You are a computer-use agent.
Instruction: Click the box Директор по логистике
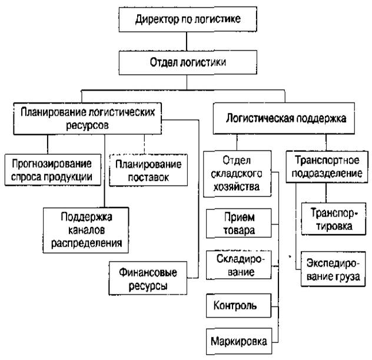(x=187, y=19)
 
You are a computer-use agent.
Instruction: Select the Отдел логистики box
(x=188, y=62)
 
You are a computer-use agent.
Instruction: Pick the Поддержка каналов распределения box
(x=87, y=229)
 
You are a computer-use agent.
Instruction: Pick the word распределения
(x=87, y=241)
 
